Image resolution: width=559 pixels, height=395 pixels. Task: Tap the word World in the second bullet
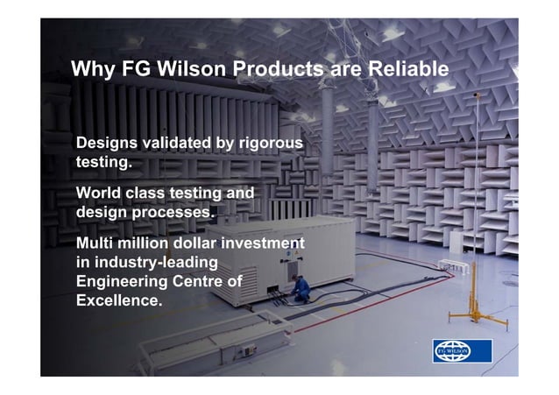click(100, 193)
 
